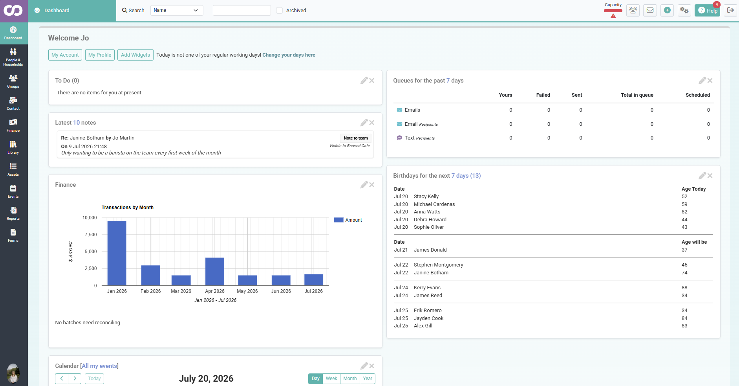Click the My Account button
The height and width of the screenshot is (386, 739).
click(65, 55)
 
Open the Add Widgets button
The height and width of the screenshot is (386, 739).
click(135, 55)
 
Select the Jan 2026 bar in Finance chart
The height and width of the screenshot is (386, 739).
click(117, 253)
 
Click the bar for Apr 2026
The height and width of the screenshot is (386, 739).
click(215, 272)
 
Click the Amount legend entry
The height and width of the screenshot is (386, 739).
click(348, 220)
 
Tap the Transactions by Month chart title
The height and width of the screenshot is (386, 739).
click(128, 208)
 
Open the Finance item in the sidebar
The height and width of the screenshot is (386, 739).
click(13, 125)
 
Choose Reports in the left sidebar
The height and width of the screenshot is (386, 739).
click(13, 213)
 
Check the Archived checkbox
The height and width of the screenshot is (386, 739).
click(280, 11)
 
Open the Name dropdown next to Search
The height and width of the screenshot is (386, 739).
click(177, 10)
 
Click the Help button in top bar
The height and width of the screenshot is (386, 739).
click(707, 11)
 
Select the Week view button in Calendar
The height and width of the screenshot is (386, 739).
click(331, 379)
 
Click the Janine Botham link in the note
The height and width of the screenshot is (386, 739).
click(87, 138)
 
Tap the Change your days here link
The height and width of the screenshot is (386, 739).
click(289, 55)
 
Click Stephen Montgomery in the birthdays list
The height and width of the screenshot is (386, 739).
click(439, 265)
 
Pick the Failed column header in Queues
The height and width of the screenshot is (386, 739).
click(543, 95)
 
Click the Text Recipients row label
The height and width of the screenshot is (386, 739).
click(420, 138)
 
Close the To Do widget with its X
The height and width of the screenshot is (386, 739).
click(372, 81)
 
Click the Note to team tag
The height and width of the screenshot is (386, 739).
click(356, 138)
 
